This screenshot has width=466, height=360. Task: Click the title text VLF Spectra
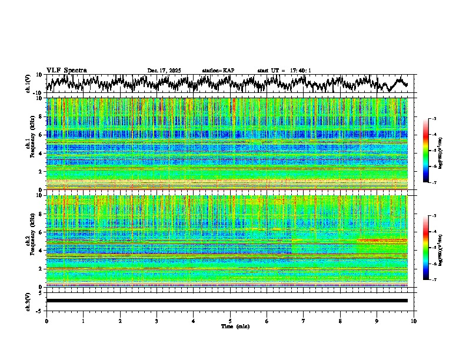pyautogui.click(x=66, y=71)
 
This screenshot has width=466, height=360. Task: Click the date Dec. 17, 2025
pyautogui.click(x=164, y=71)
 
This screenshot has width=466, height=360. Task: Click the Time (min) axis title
pyautogui.click(x=230, y=326)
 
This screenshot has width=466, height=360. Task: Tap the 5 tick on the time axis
pyautogui.click(x=230, y=321)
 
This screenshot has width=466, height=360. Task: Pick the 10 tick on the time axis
pyautogui.click(x=414, y=321)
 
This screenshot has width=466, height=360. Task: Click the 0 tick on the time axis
pyautogui.click(x=46, y=321)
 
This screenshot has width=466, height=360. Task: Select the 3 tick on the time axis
pyautogui.click(x=157, y=321)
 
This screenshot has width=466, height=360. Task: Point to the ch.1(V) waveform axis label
pyautogui.click(x=28, y=84)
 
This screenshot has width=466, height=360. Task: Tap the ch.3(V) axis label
pyautogui.click(x=28, y=301)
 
